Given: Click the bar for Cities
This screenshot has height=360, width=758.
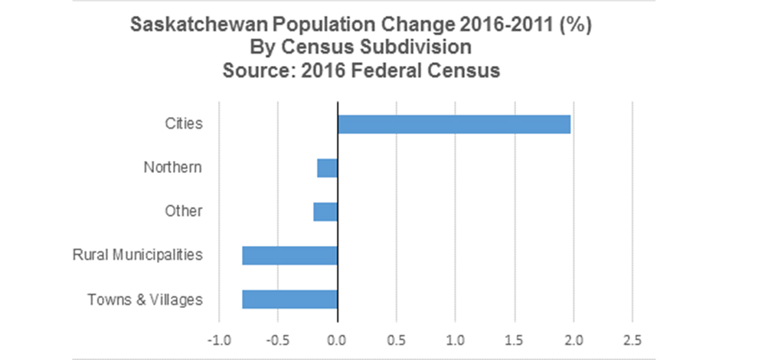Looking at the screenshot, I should pyautogui.click(x=453, y=123).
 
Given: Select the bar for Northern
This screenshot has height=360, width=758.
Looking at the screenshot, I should pyautogui.click(x=327, y=167).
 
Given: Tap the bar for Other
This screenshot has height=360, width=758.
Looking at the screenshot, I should pyautogui.click(x=325, y=211).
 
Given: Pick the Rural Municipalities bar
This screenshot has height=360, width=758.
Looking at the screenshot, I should pyautogui.click(x=289, y=255).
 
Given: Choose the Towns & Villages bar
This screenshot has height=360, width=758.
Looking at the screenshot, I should pyautogui.click(x=289, y=299).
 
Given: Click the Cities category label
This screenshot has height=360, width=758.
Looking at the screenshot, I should pyautogui.click(x=184, y=123).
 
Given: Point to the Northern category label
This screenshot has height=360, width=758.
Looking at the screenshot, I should pyautogui.click(x=173, y=167).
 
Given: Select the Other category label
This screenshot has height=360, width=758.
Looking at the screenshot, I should pyautogui.click(x=184, y=211).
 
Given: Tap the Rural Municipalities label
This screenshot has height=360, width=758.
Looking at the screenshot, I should pyautogui.click(x=138, y=255).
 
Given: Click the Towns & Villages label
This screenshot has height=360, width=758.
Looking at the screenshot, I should pyautogui.click(x=145, y=299).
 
